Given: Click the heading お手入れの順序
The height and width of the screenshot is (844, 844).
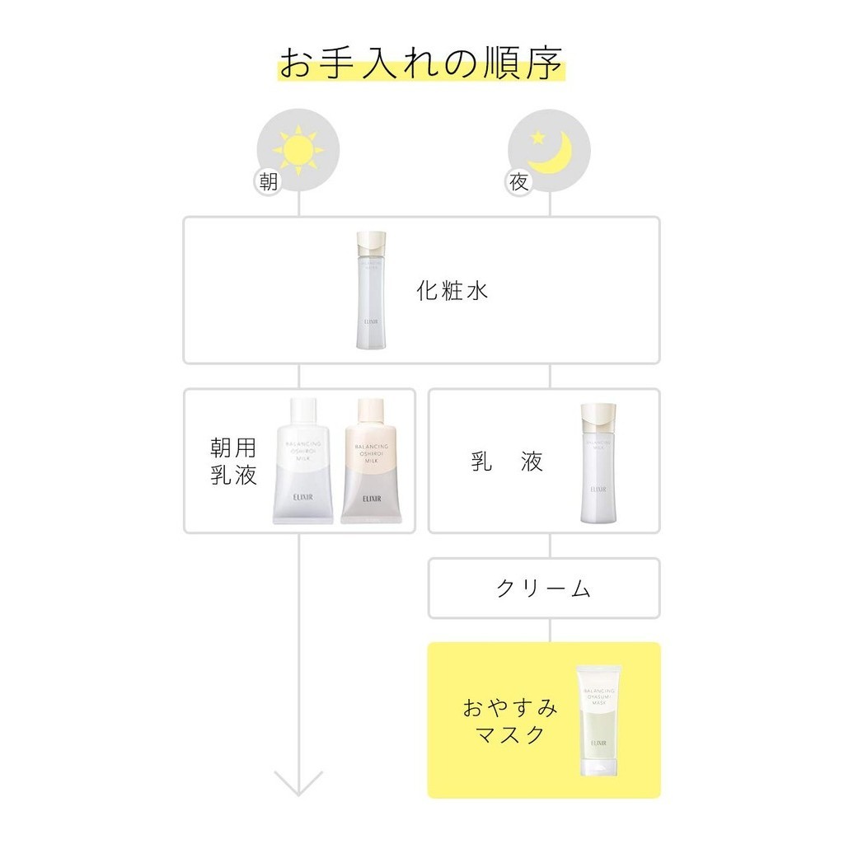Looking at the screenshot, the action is point(421,63).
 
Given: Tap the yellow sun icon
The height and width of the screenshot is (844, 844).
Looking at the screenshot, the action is point(298,149).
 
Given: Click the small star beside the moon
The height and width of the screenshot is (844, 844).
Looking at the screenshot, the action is point(537,136).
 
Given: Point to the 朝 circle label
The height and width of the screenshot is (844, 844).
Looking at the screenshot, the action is point(269,182).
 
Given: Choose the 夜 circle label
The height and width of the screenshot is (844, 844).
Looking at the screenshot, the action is point(518,182).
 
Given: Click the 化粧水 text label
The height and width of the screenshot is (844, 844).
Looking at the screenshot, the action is point(452,291).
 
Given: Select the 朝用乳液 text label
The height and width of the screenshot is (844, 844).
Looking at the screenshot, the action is point(233,461).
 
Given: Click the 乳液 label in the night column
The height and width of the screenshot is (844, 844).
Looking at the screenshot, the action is point(507,462).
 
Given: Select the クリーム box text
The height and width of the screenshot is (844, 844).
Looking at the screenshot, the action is point(544,588).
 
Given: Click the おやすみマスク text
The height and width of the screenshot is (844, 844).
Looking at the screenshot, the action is point(509,721).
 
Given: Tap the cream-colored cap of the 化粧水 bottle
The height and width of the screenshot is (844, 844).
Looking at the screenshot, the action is point(371,244).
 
